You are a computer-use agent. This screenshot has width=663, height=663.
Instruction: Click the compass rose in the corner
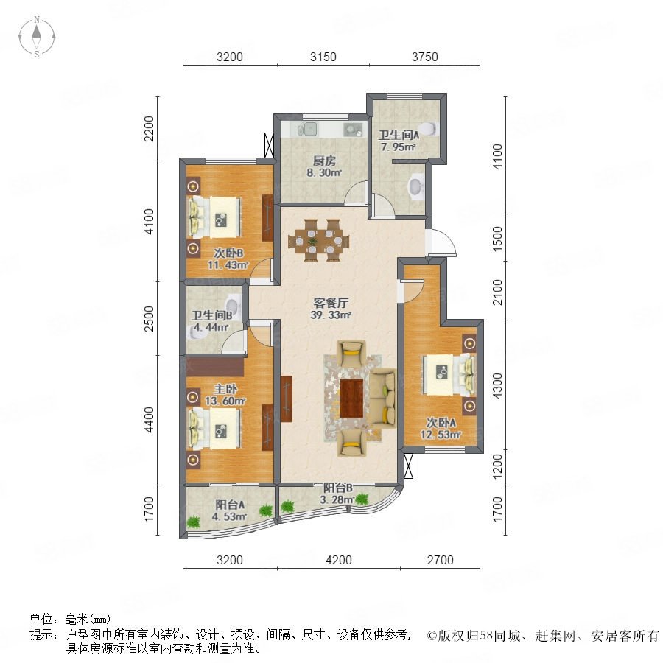coord(37,37)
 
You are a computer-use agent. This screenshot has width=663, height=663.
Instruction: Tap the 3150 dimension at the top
coord(323,57)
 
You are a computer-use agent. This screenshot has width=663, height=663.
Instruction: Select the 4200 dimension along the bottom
coord(339,560)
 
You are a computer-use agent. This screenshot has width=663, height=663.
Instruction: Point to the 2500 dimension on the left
coord(149,318)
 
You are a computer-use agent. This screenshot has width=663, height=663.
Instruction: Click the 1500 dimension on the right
coord(498,239)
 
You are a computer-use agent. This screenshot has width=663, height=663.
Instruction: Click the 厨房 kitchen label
coord(324,161)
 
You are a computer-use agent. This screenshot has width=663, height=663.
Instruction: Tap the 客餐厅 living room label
coord(331,303)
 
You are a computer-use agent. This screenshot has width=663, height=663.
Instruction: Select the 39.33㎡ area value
coord(331,315)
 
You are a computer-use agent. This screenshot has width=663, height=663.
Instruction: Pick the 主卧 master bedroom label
coord(225,388)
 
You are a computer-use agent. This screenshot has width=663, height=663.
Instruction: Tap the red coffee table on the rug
coord(352,399)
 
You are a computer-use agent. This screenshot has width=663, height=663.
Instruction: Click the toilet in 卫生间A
coord(427,128)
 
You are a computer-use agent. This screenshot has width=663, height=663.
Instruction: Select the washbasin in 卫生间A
coord(416,186)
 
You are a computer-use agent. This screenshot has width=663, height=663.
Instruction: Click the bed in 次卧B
coord(215,217)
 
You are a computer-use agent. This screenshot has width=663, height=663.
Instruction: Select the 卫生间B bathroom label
coord(211,315)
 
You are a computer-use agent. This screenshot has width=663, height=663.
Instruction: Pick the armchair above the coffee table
coord(351,353)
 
